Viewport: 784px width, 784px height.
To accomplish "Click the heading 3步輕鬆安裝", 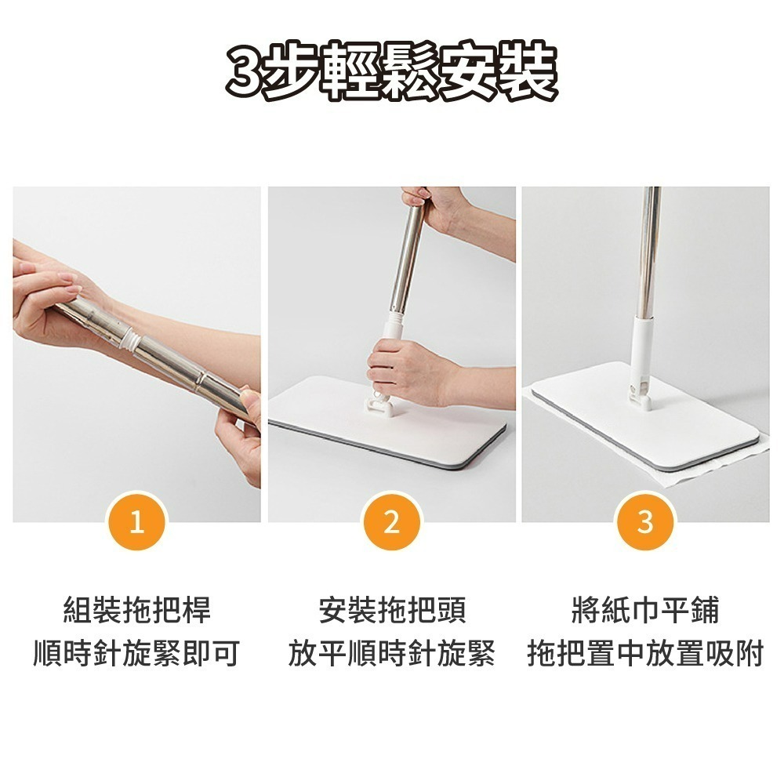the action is click(x=391, y=72).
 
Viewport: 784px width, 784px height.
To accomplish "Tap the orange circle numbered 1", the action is click(x=136, y=521).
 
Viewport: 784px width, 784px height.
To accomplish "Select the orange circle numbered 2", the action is click(x=391, y=521).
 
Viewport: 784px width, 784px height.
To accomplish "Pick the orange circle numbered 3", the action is click(x=645, y=521).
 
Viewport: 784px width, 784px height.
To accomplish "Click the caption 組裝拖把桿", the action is click(x=137, y=609).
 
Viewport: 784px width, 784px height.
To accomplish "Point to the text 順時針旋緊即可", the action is click(x=136, y=653).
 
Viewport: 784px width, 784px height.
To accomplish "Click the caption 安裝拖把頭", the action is click(x=392, y=609).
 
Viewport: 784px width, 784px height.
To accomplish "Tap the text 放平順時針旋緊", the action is click(x=391, y=653).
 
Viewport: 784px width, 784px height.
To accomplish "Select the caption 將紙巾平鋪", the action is click(x=645, y=609).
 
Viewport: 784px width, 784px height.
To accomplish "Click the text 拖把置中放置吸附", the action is click(x=645, y=653).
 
